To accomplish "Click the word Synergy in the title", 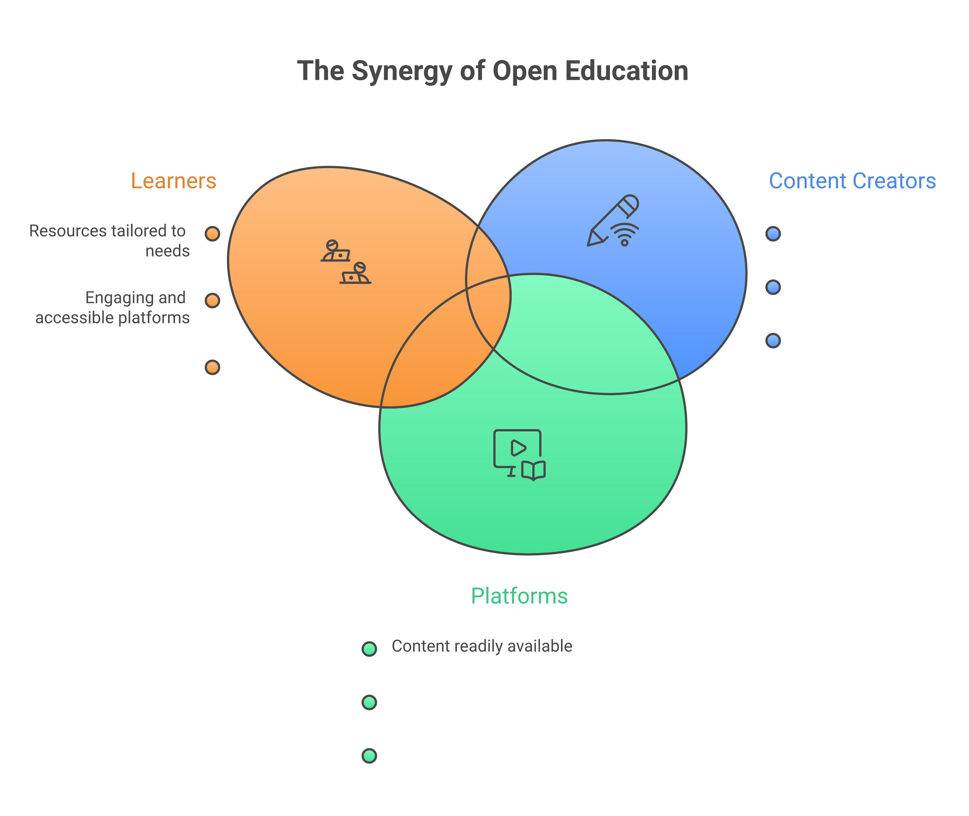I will click(x=401, y=72).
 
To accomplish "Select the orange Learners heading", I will click(x=173, y=181).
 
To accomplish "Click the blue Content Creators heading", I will click(x=852, y=181).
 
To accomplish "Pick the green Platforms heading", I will click(x=519, y=596).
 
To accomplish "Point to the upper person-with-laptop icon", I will click(x=335, y=252).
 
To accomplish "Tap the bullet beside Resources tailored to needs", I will click(x=212, y=234).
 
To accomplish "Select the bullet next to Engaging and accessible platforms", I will click(x=212, y=301).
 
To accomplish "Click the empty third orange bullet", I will click(x=212, y=367).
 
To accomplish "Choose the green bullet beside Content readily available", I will click(x=369, y=648).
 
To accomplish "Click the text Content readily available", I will click(x=482, y=646).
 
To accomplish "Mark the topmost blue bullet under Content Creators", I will click(x=773, y=234).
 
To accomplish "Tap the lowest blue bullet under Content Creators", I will click(x=773, y=340).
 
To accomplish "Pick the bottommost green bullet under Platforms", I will click(x=369, y=756).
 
